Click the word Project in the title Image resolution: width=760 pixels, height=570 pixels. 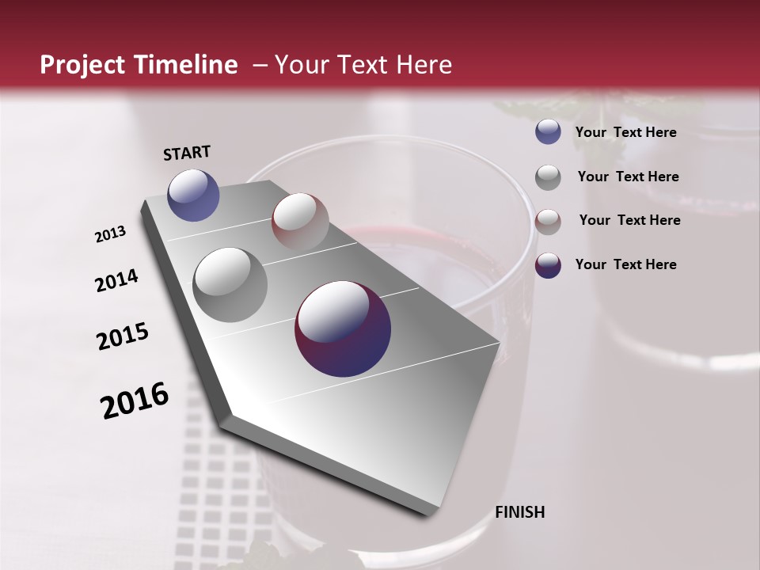click(81, 65)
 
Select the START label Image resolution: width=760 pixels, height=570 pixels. click(187, 152)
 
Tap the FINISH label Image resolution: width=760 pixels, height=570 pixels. click(519, 511)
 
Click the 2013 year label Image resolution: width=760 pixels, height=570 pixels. click(110, 234)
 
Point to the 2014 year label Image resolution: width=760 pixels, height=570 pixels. click(116, 280)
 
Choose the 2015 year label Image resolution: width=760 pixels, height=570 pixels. click(123, 336)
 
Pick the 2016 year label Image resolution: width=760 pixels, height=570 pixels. click(135, 401)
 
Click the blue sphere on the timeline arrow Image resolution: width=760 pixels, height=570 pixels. click(193, 195)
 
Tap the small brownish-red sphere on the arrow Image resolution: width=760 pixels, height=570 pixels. click(300, 222)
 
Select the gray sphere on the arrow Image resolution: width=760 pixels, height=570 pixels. click(230, 285)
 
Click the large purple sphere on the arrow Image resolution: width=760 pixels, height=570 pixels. click(343, 329)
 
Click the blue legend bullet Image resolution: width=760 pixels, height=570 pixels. click(548, 132)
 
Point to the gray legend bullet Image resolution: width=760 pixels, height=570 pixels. click(548, 177)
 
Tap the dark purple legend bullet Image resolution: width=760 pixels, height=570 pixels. click(548, 265)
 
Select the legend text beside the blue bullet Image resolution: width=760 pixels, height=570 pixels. click(625, 132)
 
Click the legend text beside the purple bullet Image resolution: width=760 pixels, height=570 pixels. click(625, 264)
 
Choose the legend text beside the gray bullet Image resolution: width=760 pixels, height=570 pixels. click(628, 177)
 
